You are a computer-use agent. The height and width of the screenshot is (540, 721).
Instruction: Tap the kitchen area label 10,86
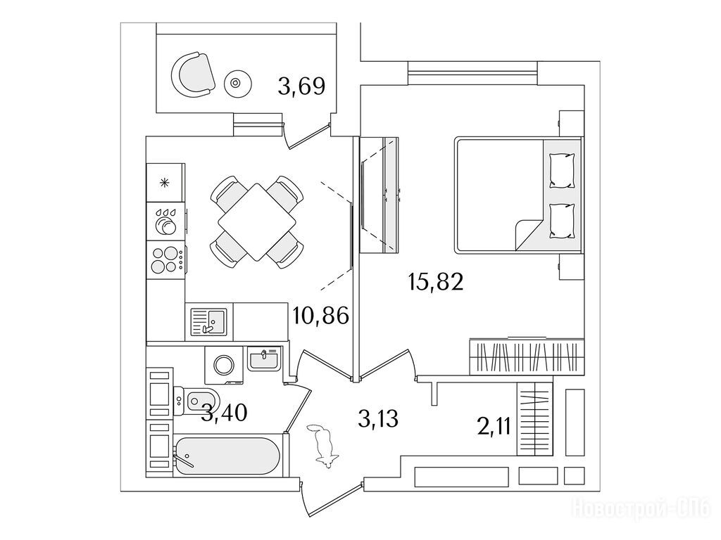[x=321, y=316]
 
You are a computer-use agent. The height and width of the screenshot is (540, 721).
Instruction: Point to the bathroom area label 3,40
[x=225, y=413]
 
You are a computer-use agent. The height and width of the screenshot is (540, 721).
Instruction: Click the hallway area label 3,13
[x=378, y=419]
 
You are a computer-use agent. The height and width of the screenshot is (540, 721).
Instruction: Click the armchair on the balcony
[x=193, y=75]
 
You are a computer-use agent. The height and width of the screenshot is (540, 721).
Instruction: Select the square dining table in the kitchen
[x=257, y=221]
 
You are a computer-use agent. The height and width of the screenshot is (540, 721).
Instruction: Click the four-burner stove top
[x=166, y=260]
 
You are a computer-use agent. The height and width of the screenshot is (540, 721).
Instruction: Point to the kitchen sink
[x=208, y=322]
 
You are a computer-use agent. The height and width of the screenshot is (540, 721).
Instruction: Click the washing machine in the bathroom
[x=224, y=365]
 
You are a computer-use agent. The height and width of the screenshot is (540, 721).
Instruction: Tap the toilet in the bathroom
[x=196, y=401]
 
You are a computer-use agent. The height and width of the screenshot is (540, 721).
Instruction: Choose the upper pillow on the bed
[x=563, y=171]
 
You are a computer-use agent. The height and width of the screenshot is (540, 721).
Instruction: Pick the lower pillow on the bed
[x=563, y=221]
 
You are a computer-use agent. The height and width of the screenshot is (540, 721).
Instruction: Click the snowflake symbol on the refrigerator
[x=164, y=184]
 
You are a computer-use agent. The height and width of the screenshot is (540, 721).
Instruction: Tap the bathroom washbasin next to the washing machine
[x=263, y=359]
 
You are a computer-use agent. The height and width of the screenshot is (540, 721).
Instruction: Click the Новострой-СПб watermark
[x=642, y=509]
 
